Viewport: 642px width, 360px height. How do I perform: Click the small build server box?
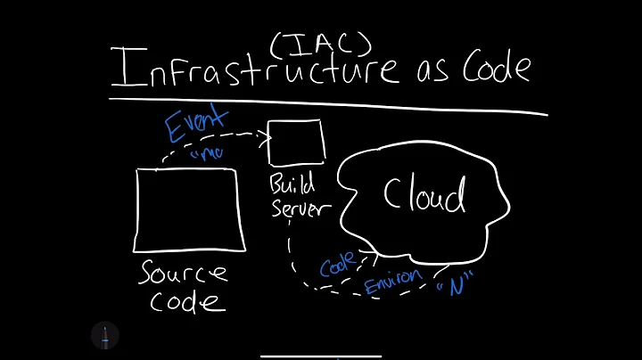point(296,142)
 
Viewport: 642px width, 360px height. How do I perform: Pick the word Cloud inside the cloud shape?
point(424,195)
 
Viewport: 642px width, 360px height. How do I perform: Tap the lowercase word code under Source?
point(187,301)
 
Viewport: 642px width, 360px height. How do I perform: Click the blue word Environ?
point(393,281)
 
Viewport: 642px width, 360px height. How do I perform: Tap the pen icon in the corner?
point(104,335)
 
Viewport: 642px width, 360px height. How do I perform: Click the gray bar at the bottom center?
point(320,354)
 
